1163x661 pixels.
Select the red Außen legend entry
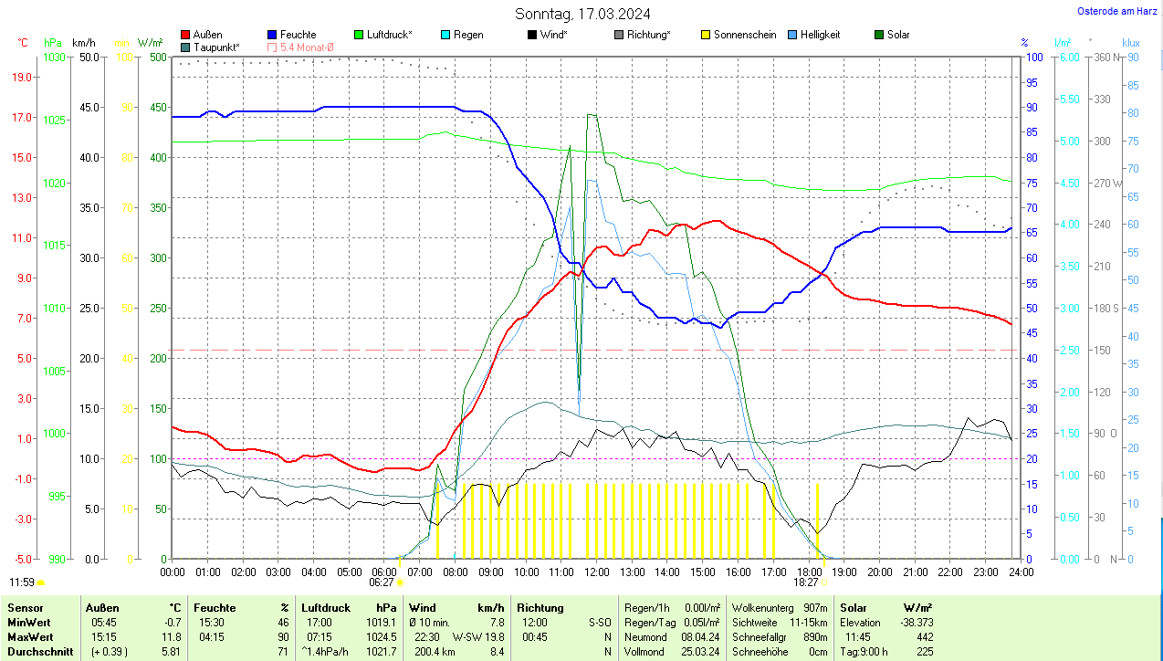pyautogui.click(x=207, y=35)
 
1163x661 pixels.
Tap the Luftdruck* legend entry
pyautogui.click(x=389, y=35)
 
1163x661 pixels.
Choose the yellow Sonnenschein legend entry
pyautogui.click(x=745, y=35)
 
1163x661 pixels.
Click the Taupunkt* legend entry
pyautogui.click(x=216, y=47)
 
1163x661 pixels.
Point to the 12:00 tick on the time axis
pyautogui.click(x=596, y=572)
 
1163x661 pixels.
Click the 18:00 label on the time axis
pyautogui.click(x=809, y=572)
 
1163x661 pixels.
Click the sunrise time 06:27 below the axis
pyautogui.click(x=381, y=582)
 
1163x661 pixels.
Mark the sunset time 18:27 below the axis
pyautogui.click(x=805, y=582)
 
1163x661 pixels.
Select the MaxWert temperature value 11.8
pyautogui.click(x=170, y=636)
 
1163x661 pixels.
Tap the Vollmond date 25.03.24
pyautogui.click(x=699, y=652)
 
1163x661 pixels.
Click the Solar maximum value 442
pyautogui.click(x=924, y=636)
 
